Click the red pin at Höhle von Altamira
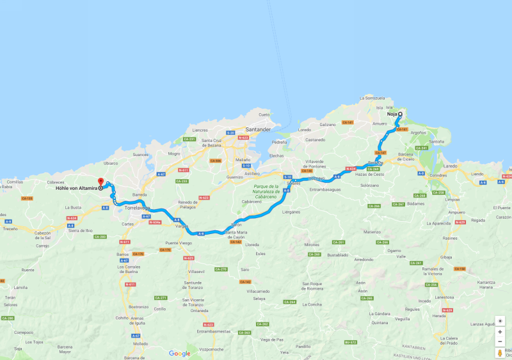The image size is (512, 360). tap(100, 182)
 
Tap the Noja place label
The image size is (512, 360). tap(392, 114)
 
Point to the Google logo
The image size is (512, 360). tap(179, 353)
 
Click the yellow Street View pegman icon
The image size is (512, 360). tap(500, 352)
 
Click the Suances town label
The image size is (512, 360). tap(140, 154)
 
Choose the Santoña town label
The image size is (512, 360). tap(436, 141)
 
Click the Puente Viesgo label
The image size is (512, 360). tap(178, 244)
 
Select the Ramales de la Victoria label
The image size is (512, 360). tap(437, 272)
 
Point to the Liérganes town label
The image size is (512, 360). tap(291, 210)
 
